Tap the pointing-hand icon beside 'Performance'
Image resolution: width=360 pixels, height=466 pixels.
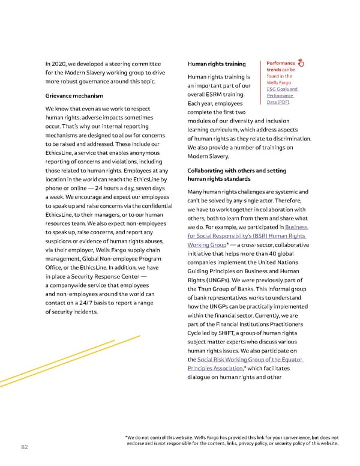(x=301, y=63)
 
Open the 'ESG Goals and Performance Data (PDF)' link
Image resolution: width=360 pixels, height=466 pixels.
(x=279, y=95)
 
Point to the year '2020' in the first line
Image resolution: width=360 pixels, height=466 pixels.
(x=61, y=64)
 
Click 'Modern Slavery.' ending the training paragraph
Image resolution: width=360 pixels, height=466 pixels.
(x=208, y=157)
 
